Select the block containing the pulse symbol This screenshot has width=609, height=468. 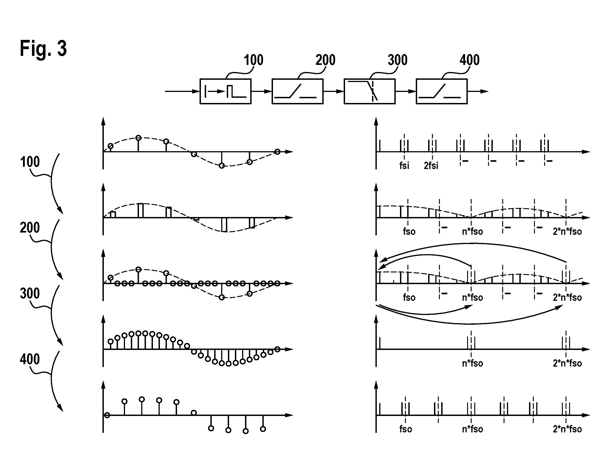[225, 91]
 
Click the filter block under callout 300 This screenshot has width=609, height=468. [370, 91]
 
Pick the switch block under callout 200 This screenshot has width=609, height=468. [297, 91]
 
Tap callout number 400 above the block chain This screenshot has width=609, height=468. [470, 60]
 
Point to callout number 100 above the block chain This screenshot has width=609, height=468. [253, 60]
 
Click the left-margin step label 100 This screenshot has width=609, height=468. [30, 162]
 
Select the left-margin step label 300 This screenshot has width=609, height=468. [30, 294]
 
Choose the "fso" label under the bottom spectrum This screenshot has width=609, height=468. [406, 429]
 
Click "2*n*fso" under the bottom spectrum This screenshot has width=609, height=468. [567, 429]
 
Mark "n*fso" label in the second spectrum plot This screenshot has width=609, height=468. [473, 231]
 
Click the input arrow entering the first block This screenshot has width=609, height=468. [182, 91]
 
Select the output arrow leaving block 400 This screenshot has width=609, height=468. [478, 91]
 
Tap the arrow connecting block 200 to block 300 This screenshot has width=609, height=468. [334, 91]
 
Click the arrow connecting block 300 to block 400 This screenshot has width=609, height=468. [406, 91]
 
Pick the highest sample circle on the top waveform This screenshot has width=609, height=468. [138, 138]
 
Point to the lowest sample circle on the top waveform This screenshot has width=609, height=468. [222, 166]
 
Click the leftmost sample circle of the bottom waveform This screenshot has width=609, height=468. [107, 415]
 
